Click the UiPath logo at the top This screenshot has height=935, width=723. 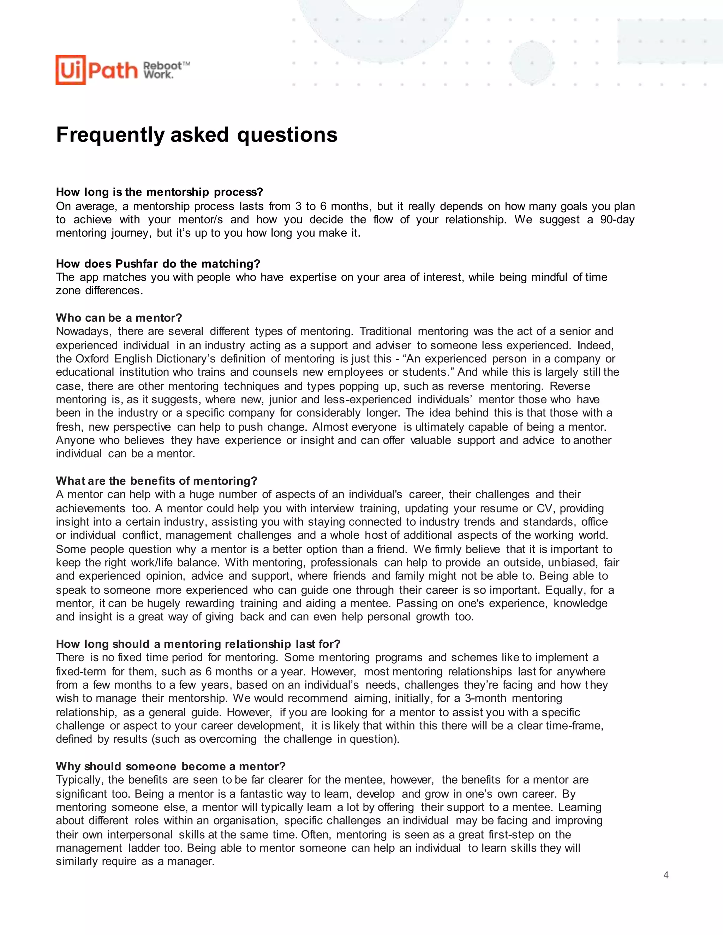pos(96,70)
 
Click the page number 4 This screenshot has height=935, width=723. pos(665,875)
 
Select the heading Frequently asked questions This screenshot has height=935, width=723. pos(197,135)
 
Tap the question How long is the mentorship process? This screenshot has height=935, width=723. pos(159,192)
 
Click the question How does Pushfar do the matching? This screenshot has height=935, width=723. pos(158,264)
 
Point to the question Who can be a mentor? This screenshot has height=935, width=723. pos(119,318)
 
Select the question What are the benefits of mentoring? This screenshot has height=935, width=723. pos(156,481)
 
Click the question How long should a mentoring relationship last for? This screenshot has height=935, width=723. pos(198,644)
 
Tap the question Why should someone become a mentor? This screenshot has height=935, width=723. pos(171,766)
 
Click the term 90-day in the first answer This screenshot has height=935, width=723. pos(617,219)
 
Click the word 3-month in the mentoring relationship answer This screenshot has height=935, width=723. pos(485,698)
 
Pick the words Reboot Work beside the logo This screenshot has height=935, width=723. pos(166,70)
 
